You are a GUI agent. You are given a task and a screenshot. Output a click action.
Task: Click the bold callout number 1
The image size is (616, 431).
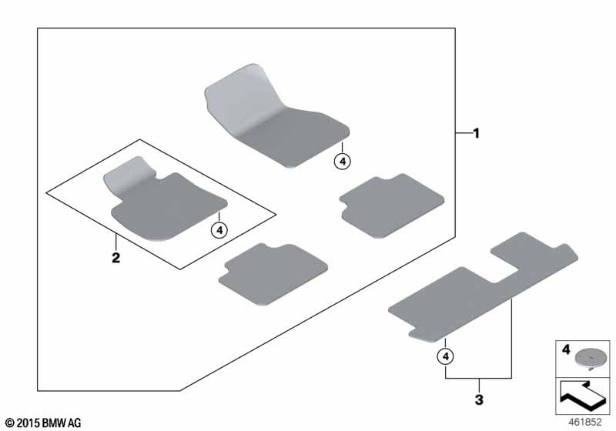(x=477, y=133)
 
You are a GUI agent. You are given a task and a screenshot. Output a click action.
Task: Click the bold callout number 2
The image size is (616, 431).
(x=116, y=258)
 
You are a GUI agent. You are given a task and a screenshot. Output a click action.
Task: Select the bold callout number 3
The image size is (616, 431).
(x=479, y=400)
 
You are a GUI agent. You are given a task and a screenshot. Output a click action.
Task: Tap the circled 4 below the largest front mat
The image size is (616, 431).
(x=343, y=162)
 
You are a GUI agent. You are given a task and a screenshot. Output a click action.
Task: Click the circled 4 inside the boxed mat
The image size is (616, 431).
(x=219, y=230)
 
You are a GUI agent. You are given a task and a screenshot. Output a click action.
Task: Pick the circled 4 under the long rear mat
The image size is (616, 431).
(x=446, y=356)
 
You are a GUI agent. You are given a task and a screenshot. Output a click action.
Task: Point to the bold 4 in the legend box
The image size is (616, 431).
(x=566, y=349)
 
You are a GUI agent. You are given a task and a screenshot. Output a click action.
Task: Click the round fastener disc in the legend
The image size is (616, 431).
(x=591, y=358)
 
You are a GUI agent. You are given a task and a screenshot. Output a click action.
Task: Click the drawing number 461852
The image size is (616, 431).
(x=584, y=422)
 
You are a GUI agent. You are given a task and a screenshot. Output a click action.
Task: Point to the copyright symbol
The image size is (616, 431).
(x=10, y=423)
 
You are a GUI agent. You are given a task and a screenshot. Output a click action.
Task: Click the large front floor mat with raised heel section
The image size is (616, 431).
(x=276, y=116)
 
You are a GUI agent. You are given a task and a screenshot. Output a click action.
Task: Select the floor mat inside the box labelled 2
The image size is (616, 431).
(x=165, y=199)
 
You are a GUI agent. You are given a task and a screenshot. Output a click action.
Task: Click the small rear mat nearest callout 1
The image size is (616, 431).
(x=392, y=205)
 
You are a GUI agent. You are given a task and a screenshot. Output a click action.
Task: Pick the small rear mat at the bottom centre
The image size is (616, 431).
(x=273, y=273)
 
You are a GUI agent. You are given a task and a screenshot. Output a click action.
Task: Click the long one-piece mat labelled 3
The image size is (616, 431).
(x=484, y=287)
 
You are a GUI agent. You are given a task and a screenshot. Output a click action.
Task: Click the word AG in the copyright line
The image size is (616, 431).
(x=75, y=423)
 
